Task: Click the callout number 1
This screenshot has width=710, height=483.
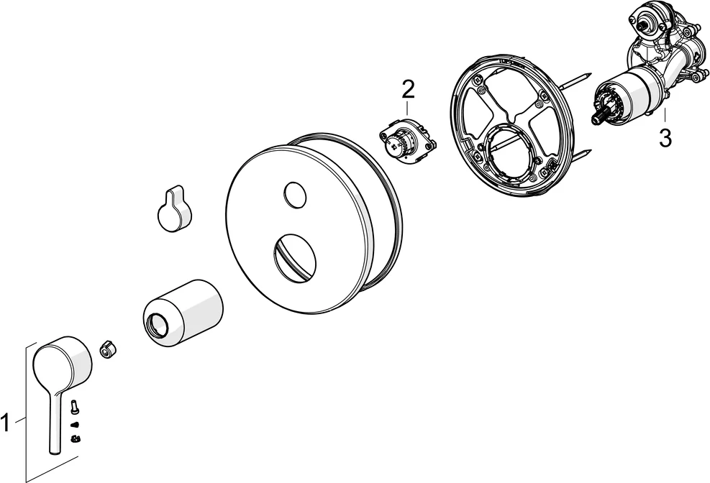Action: [5, 424]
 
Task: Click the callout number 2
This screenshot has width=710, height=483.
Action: [408, 90]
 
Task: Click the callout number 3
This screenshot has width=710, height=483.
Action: [665, 138]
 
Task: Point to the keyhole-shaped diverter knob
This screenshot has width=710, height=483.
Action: [174, 208]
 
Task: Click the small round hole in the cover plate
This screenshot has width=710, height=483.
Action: [295, 193]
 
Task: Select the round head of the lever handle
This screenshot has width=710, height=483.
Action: [63, 362]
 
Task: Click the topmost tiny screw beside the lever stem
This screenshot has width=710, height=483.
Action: [74, 407]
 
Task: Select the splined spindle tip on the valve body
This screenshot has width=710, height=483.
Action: [601, 116]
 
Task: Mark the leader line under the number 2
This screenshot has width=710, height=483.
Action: [408, 108]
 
